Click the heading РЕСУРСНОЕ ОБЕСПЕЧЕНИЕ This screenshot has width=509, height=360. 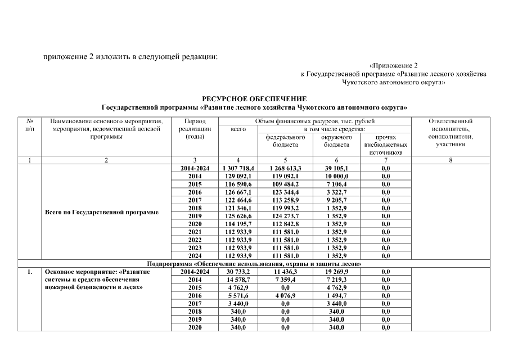click(x=254, y=99)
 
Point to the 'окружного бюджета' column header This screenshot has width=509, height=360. click(x=336, y=141)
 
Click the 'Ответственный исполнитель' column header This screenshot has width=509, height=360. click(x=451, y=133)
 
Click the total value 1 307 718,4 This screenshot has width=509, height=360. click(x=238, y=168)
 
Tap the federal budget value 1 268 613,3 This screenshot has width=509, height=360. click(x=285, y=168)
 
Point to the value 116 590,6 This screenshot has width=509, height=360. click(x=238, y=184)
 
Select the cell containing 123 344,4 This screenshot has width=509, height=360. click(x=285, y=192)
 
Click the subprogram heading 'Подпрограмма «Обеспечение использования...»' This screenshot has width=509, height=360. click(x=254, y=263)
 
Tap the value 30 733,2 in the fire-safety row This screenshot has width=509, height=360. click(x=238, y=271)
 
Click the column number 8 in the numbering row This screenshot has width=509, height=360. click(x=451, y=160)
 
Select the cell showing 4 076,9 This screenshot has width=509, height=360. click(x=285, y=295)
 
